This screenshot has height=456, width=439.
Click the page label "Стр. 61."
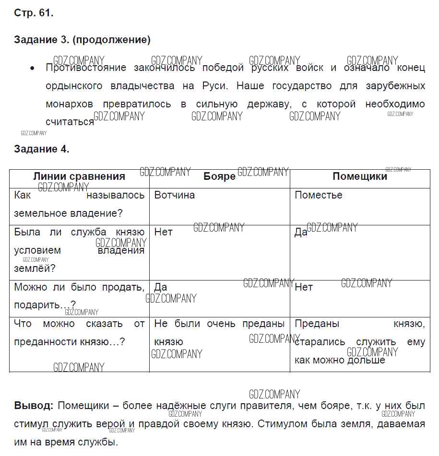click(34, 13)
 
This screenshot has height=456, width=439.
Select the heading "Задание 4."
click(42, 149)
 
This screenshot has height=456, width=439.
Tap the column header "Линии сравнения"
click(79, 176)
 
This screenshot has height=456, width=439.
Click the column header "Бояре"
click(219, 176)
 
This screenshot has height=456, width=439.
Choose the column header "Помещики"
click(359, 176)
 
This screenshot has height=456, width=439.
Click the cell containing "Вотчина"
click(174, 195)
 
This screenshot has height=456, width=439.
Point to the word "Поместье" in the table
click(318, 195)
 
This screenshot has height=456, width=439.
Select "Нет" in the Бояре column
click(163, 232)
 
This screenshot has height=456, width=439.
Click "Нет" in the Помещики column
click(304, 287)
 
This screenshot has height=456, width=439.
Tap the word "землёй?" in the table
click(35, 269)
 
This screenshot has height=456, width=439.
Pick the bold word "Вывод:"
click(34, 406)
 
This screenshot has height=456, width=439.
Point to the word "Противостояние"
click(86, 68)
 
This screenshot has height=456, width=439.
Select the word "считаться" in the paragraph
click(70, 122)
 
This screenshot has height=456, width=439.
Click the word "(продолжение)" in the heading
click(113, 40)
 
